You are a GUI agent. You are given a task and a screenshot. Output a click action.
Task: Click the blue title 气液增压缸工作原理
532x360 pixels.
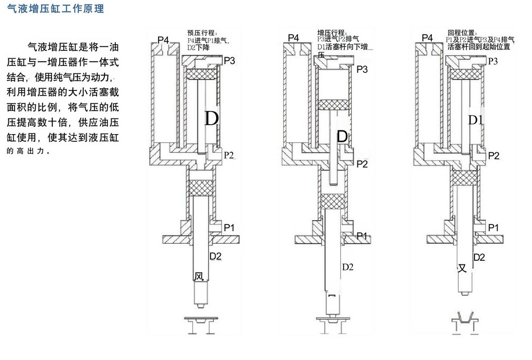[56, 9]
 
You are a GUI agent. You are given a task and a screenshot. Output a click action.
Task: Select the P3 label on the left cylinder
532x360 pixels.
[229, 61]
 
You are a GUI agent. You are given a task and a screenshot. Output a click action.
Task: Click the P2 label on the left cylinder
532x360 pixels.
[229, 155]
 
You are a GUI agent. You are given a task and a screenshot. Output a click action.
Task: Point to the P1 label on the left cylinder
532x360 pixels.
[229, 228]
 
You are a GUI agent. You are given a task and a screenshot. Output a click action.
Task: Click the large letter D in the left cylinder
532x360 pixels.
[211, 119]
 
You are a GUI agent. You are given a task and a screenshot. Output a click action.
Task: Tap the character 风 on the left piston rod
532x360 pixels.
[199, 276]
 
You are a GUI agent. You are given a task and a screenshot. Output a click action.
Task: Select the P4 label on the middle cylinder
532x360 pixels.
[294, 38]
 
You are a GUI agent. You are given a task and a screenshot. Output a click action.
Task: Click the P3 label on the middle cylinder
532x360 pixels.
[362, 69]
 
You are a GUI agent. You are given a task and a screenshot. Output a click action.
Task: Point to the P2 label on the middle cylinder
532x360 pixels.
[362, 164]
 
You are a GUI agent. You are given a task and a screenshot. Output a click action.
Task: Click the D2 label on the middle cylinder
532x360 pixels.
[348, 268]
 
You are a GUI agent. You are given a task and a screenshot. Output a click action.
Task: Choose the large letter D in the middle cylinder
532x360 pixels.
[342, 137]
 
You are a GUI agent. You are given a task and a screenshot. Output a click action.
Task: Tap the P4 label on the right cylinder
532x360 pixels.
[427, 38]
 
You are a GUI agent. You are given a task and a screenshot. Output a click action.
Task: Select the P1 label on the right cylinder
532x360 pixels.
[494, 228]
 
